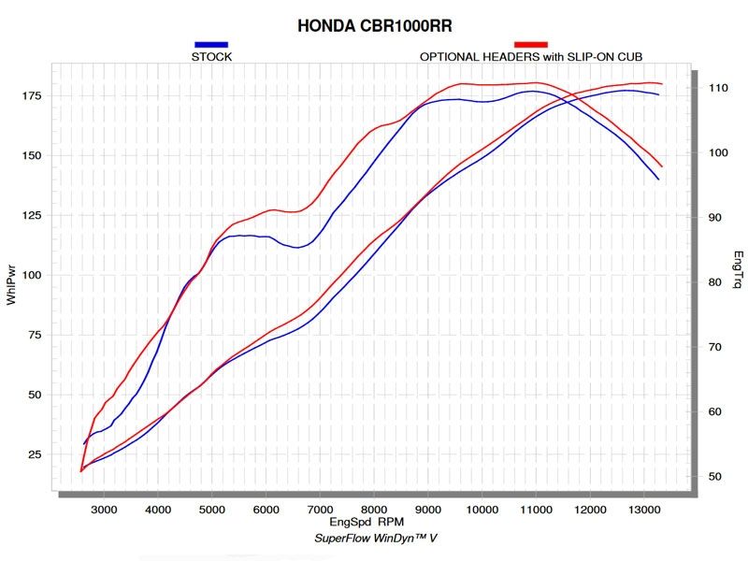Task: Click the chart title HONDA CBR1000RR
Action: tap(374, 25)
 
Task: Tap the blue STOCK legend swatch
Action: tap(211, 44)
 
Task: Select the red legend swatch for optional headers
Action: tap(531, 44)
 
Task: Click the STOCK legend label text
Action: tap(211, 56)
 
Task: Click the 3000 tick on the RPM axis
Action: tap(105, 509)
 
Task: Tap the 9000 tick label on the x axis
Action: tap(428, 509)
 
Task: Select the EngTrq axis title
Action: tap(738, 269)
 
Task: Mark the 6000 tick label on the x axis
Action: tap(266, 509)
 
